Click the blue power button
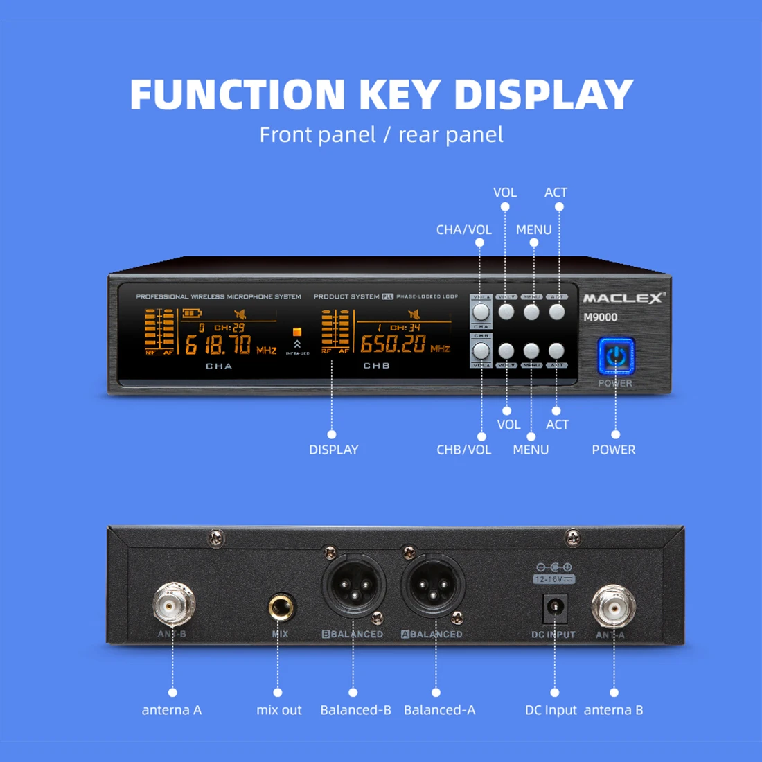tap(616, 357)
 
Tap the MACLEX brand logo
tap(622, 299)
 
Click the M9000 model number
tap(600, 317)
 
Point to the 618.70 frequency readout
tap(218, 344)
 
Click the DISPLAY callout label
tap(334, 450)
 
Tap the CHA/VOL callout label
tap(463, 230)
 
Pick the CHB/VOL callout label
tap(463, 450)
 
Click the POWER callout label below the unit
tap(613, 450)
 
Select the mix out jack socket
tap(281, 608)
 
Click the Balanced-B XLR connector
tap(353, 585)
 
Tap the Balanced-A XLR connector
tap(433, 585)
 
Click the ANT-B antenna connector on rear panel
tap(173, 604)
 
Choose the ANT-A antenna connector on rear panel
tap(613, 606)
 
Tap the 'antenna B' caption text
tap(613, 710)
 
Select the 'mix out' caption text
tap(279, 710)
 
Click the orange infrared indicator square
tap(297, 332)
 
